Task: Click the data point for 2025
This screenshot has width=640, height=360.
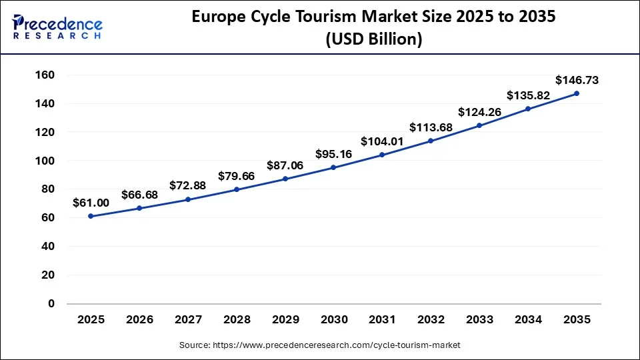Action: pyautogui.click(x=91, y=216)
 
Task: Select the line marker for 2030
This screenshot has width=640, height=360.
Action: pyautogui.click(x=333, y=167)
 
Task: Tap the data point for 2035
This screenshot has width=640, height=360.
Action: pyautogui.click(x=577, y=93)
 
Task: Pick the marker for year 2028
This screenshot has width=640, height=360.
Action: pyautogui.click(x=237, y=189)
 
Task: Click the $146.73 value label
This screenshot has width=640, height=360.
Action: pyautogui.click(x=577, y=80)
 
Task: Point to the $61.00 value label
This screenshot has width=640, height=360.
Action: pyautogui.click(x=91, y=203)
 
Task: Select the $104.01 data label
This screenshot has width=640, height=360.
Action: pyautogui.click(x=382, y=141)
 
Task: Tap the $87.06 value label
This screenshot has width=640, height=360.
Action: pyautogui.click(x=285, y=165)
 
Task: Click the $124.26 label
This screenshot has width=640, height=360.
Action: pyautogui.click(x=479, y=112)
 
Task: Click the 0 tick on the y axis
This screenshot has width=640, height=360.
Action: pyautogui.click(x=51, y=303)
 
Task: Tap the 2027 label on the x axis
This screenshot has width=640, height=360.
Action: pyautogui.click(x=188, y=320)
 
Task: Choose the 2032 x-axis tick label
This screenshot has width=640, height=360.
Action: pyautogui.click(x=431, y=320)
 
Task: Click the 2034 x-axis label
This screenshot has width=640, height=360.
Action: pyautogui.click(x=528, y=320)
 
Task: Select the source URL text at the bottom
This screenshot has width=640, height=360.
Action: pyautogui.click(x=320, y=345)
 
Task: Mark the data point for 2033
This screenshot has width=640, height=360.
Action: pyautogui.click(x=479, y=125)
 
